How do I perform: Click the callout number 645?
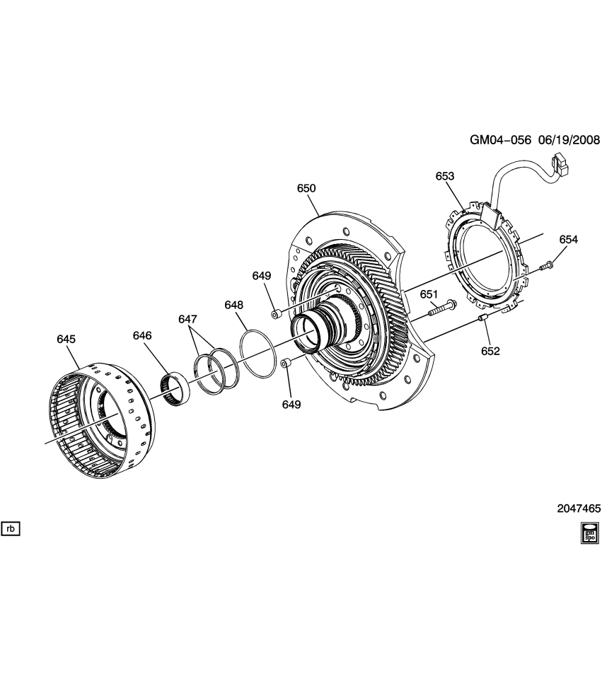coord(66,339)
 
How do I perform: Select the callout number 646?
coord(143,335)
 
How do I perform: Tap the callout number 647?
coord(187,320)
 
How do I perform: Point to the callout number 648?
coord(234,305)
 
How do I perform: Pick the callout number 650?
coord(306,189)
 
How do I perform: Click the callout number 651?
coord(429,294)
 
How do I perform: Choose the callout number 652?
coord(490,351)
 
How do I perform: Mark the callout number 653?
coord(445,176)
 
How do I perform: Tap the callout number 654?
coord(569,240)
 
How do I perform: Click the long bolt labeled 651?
coord(441,307)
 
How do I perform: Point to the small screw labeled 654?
coord(547,266)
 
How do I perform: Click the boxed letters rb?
coord(11,528)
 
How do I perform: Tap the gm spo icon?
coord(589,533)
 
